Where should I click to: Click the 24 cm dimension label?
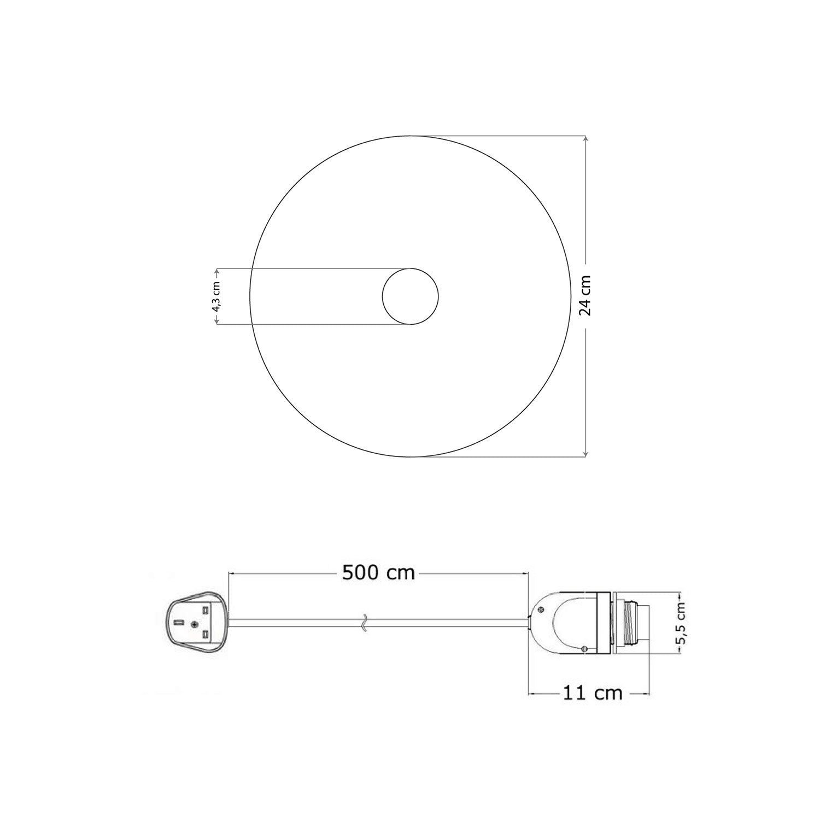[586, 295]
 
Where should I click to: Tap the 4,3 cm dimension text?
[216, 297]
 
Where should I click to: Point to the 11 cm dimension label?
[593, 693]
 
